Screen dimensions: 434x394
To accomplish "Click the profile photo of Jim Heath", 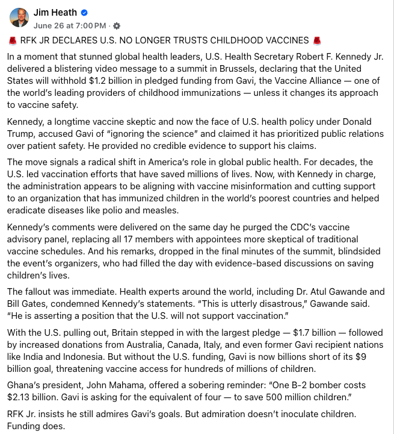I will [x=19, y=17].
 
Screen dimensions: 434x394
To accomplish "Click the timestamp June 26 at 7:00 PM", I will [x=70, y=25].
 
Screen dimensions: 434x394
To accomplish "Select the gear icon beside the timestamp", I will [x=117, y=26].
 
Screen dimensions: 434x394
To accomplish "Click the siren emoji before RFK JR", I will [x=13, y=41].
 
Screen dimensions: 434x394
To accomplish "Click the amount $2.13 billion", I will [x=37, y=397].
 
